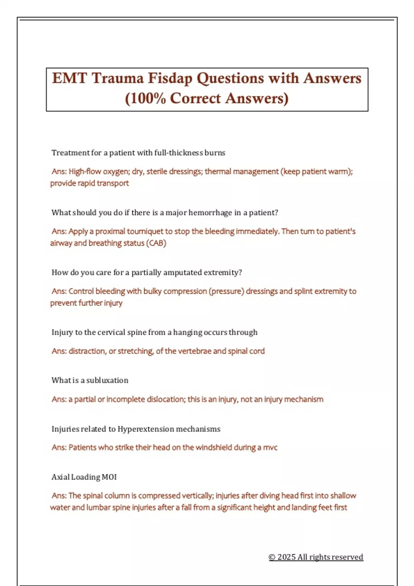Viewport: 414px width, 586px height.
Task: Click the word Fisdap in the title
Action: pyautogui.click(x=170, y=79)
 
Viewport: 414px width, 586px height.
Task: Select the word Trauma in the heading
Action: pyautogui.click(x=117, y=79)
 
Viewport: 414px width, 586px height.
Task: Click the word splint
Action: pyautogui.click(x=303, y=291)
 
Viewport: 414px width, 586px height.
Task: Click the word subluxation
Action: pyautogui.click(x=107, y=381)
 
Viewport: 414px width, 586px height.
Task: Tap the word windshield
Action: pyautogui.click(x=214, y=447)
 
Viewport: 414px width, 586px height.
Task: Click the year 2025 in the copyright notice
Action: pyautogui.click(x=286, y=557)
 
